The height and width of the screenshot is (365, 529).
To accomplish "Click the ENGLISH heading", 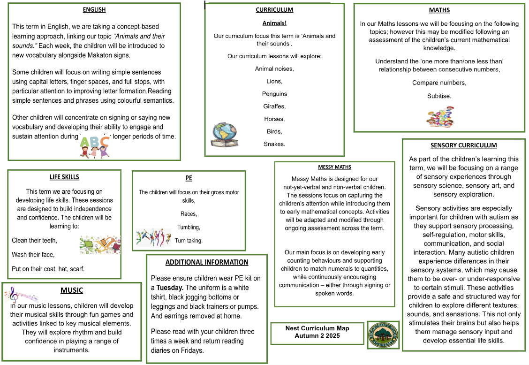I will [x=94, y=9].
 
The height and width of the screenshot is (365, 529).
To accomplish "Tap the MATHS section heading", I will [x=439, y=10].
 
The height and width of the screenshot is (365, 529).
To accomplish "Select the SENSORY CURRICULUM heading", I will [x=463, y=145].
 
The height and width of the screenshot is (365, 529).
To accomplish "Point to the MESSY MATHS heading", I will [x=334, y=167].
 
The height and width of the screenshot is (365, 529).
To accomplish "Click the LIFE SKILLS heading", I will [x=64, y=177].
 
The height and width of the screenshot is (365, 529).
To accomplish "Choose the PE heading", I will [x=189, y=178].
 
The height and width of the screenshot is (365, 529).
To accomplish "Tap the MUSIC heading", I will [x=72, y=290].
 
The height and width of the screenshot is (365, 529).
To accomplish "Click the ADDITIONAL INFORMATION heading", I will [x=207, y=262].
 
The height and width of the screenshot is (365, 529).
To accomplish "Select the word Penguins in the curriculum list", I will [x=274, y=94].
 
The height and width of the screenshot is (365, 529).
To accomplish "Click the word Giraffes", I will [x=274, y=106].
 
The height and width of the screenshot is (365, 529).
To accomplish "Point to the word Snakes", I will [x=274, y=144].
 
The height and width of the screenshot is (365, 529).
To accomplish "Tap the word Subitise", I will [x=439, y=96].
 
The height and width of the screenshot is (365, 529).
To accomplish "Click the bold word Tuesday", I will [x=169, y=288].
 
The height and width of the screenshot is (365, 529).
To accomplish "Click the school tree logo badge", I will [x=383, y=335].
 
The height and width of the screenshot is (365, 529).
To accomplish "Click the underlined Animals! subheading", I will [x=274, y=23].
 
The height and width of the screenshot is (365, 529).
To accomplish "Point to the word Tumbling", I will [x=189, y=227].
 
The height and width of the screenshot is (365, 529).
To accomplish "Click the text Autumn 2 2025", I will [x=317, y=335].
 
